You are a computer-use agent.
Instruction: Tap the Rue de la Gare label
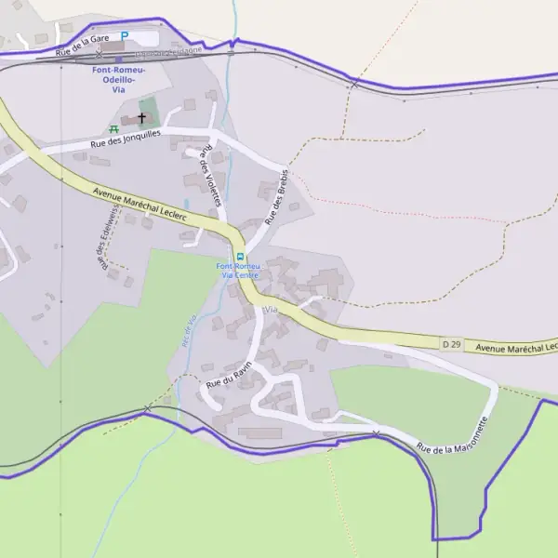84,45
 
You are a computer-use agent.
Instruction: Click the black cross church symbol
142,118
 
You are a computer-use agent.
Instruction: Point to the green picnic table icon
114,129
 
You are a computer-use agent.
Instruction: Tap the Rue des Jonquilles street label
126,139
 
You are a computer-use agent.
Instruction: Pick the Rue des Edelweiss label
103,246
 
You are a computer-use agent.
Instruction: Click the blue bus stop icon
240,257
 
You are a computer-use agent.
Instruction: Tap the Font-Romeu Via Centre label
238,271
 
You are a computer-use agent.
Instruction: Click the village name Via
272,308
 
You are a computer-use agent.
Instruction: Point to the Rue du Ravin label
229,374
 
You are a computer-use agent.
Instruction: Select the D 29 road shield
452,344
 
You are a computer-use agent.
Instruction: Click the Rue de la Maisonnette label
453,434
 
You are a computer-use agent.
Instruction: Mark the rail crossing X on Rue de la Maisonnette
376,434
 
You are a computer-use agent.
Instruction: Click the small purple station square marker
118,59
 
